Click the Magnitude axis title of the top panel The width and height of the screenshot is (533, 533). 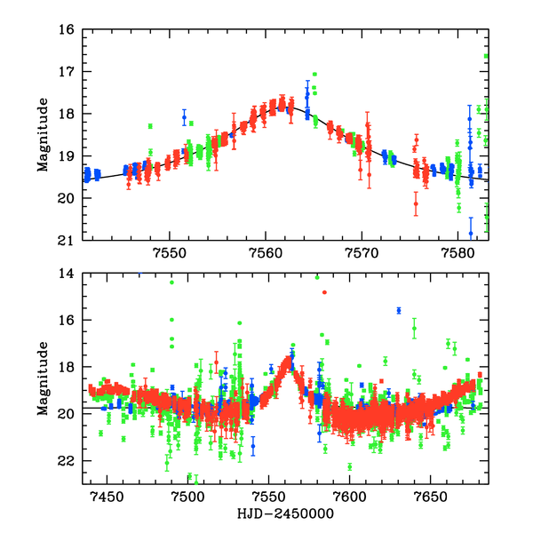(42, 135)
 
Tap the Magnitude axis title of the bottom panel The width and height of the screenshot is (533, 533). (42, 379)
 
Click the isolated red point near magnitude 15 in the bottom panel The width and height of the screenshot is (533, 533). (324, 292)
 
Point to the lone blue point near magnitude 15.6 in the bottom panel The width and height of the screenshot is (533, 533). (399, 310)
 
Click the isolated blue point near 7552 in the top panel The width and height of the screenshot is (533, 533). (185, 117)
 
